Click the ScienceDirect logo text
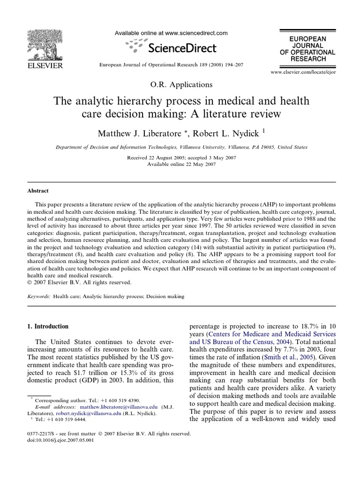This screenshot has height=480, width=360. point(181,47)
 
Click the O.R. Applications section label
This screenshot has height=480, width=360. point(181,85)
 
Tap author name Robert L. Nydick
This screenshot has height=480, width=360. point(226,134)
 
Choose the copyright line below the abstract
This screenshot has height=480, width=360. point(78,283)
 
